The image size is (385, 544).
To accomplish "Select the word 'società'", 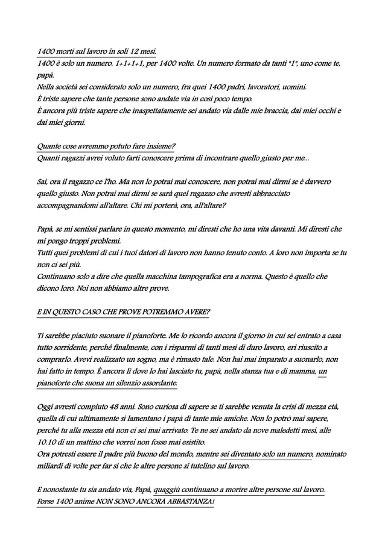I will point(75,87).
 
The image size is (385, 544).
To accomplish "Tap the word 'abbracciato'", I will point(266,194).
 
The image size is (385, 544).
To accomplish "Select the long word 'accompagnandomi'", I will point(74,205).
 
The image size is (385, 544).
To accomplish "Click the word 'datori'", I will point(179,253).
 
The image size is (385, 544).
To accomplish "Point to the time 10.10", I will point(47,441).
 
